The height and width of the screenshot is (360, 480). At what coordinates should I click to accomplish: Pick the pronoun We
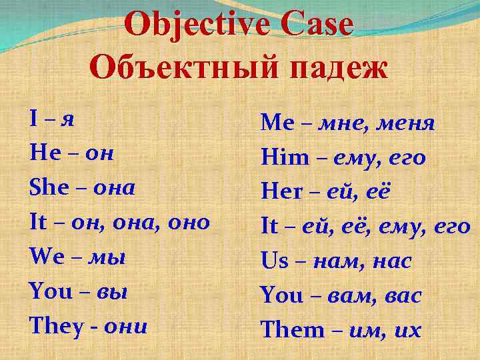[45, 257]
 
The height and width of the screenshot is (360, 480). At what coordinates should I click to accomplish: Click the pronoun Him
[285, 157]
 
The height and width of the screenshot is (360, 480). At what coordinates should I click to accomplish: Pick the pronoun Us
[275, 261]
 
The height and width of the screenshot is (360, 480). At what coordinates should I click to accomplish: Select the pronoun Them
[291, 329]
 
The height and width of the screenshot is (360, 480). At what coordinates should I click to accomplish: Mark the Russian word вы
[111, 292]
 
